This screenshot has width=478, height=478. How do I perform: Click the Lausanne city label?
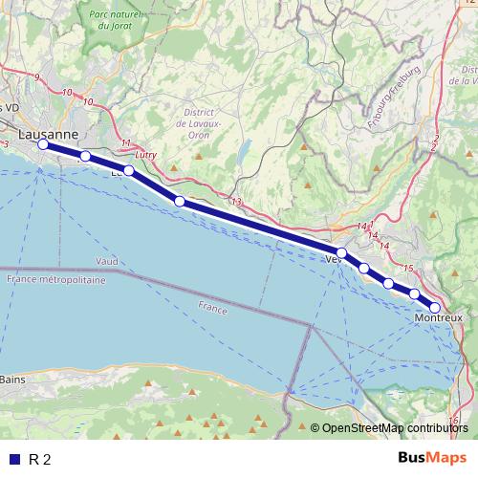pyautogui.click(x=47, y=135)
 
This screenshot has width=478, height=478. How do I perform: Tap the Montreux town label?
pyautogui.click(x=439, y=318)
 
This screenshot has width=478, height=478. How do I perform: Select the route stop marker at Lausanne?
pyautogui.click(x=43, y=145)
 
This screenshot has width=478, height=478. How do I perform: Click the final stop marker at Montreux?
pyautogui.click(x=435, y=307)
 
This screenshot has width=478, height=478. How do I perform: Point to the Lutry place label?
pyautogui.click(x=145, y=154)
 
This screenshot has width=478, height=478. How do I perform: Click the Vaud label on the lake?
pyautogui.click(x=106, y=261)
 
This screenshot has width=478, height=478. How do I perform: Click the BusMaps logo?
pyautogui.click(x=426, y=459)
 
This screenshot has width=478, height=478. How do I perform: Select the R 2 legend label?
pyautogui.click(x=40, y=459)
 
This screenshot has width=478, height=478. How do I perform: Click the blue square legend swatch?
pyautogui.click(x=13, y=459)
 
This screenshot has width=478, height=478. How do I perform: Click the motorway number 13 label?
pyautogui.click(x=237, y=202)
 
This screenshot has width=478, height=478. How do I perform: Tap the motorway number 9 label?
pyautogui.click(x=37, y=76)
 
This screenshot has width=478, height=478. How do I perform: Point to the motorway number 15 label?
pyautogui.click(x=408, y=269)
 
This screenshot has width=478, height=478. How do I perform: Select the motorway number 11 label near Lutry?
pyautogui.click(x=125, y=143)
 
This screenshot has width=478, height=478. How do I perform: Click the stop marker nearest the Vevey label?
pyautogui.click(x=341, y=252)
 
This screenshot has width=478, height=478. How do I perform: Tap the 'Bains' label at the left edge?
pyautogui.click(x=12, y=380)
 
